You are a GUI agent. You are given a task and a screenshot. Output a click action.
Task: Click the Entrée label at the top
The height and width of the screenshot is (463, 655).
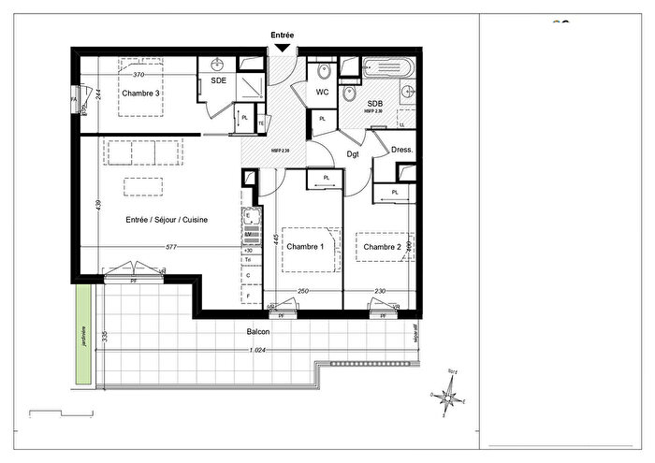pos(283,35)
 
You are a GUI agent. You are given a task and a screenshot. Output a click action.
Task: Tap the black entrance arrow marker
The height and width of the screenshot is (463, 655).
pos(283,48)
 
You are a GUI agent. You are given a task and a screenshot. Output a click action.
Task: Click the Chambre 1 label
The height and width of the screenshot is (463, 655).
pos(305,247)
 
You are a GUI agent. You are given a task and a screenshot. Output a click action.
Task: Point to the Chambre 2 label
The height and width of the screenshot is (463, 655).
pos(383,247)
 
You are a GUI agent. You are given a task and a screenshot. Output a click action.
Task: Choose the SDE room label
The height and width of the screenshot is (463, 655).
pos(217,82)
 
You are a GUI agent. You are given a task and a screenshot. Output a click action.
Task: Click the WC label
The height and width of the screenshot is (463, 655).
pos(321,93)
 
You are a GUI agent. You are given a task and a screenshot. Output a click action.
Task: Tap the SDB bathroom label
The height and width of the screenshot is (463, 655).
pos(375,103)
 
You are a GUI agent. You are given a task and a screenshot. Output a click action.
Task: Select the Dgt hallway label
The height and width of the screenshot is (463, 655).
pos(354,153)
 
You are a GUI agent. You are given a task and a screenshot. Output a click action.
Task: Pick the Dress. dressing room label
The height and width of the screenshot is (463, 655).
pos(402,149)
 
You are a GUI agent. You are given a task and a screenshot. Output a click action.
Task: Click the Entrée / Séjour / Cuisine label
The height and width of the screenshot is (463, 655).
pos(167,220)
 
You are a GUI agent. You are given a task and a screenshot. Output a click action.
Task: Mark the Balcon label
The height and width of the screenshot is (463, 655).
pos(258,333)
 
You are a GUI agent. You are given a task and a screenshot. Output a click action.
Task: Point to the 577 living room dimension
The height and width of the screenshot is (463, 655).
pos(170,247)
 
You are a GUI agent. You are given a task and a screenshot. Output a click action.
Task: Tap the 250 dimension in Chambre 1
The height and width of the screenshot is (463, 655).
pos(302,292)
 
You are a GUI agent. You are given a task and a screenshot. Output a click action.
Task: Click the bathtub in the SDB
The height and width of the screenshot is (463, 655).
pos(386,68)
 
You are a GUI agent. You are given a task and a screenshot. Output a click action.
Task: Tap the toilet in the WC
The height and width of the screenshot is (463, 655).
pos(324,71)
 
